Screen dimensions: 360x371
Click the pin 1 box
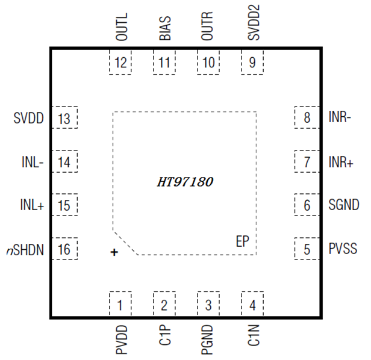click(120, 305)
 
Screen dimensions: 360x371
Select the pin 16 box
click(64, 249)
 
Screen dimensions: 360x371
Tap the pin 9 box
click(252, 61)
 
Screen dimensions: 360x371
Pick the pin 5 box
click(307, 249)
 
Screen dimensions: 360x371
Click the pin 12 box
click(120, 61)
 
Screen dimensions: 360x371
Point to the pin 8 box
click(307, 117)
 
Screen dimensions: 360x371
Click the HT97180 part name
click(185, 181)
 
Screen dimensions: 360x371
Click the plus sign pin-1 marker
click(114, 253)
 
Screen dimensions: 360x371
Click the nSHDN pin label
click(25, 249)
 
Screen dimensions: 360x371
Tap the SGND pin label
click(344, 205)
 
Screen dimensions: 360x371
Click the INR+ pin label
click(341, 162)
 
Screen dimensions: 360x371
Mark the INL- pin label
click(32, 162)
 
